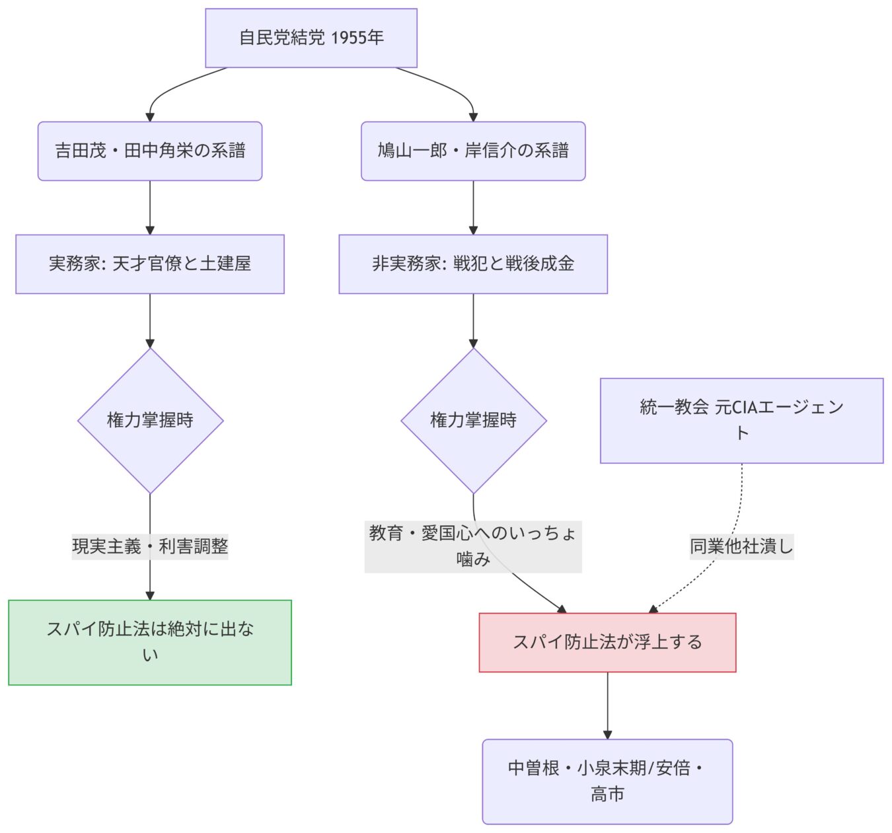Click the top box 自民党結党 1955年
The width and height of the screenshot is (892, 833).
tap(311, 38)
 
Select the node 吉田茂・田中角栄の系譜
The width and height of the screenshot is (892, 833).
tap(150, 151)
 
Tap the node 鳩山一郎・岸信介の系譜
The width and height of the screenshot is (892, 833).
tap(473, 151)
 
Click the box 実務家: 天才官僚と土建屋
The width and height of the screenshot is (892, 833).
tap(150, 264)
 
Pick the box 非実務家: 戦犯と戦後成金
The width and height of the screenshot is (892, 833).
tap(473, 264)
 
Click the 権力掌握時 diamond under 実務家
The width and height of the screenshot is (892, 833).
tap(150, 420)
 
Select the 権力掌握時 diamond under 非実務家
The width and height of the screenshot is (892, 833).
tap(473, 420)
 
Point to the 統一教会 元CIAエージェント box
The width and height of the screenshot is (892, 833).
tap(741, 420)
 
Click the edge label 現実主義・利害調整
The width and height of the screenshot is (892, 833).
tap(150, 546)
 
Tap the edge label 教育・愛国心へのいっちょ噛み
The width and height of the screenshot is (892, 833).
tap(473, 546)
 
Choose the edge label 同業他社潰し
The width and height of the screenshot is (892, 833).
tap(741, 546)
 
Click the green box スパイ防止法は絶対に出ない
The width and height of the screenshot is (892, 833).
tap(150, 642)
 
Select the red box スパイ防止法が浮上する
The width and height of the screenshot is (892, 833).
tap(607, 642)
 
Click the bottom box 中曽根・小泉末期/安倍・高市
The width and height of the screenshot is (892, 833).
tap(607, 781)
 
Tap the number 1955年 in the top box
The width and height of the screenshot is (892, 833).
tap(357, 38)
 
